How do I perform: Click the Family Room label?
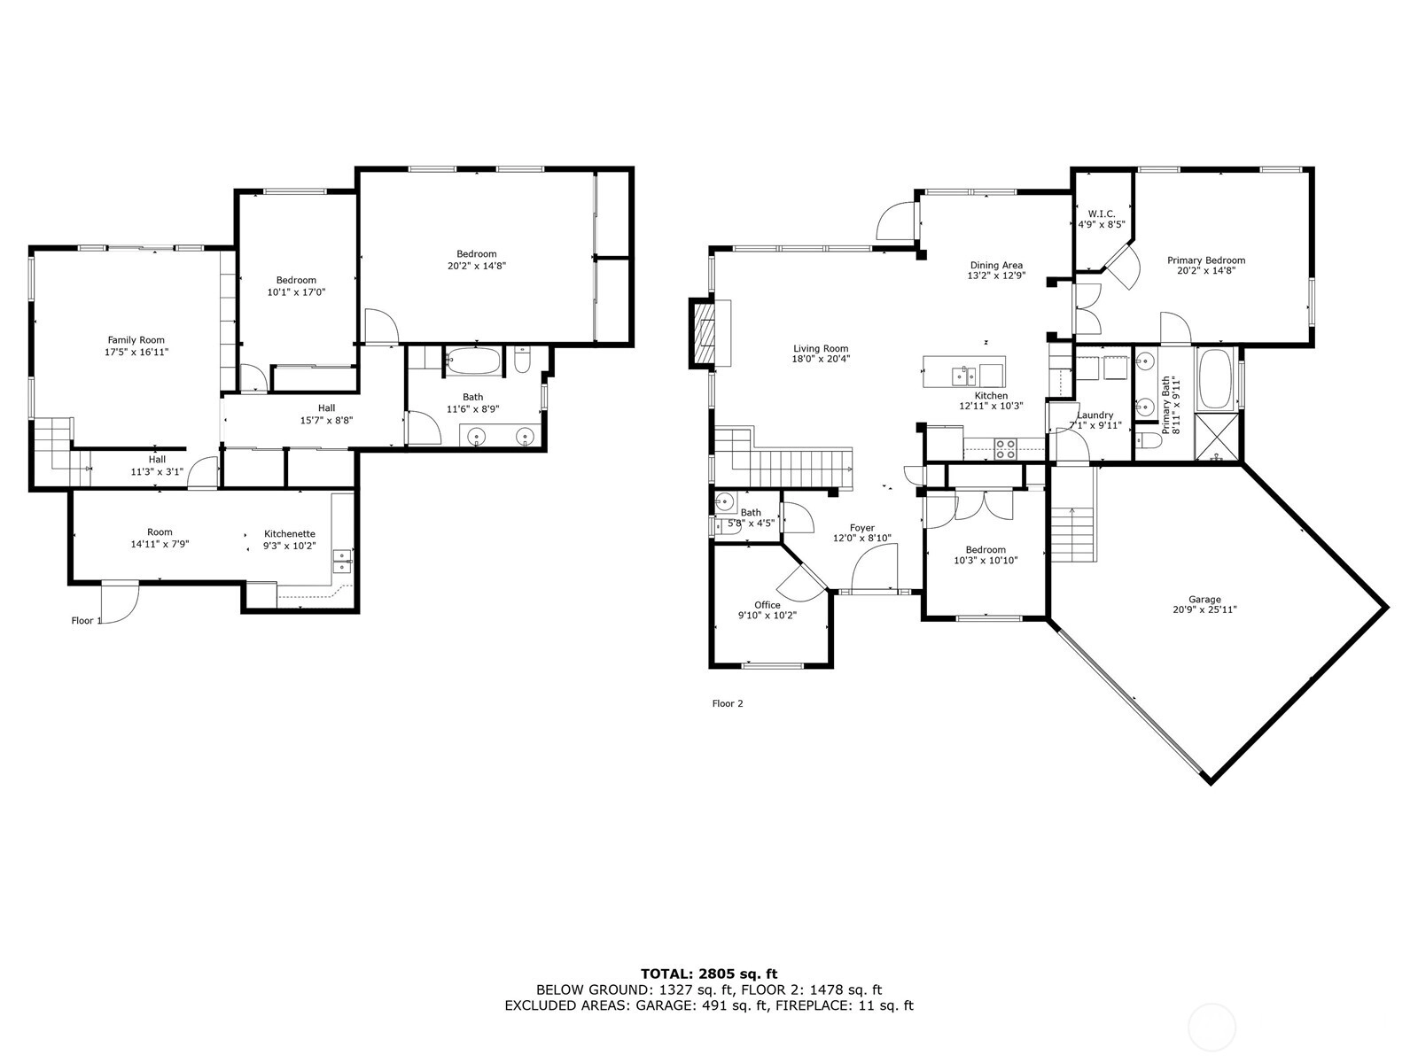click(x=136, y=340)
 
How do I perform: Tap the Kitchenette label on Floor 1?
click(x=290, y=534)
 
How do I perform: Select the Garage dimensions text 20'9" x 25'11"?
click(x=1204, y=609)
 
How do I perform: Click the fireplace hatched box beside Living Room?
click(x=703, y=333)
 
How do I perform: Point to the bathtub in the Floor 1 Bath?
click(x=473, y=361)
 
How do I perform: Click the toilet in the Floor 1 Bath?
click(x=523, y=361)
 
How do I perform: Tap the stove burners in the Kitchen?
click(x=1004, y=448)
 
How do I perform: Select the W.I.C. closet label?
click(x=1102, y=213)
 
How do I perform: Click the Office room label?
click(x=767, y=605)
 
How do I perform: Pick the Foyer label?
click(x=861, y=528)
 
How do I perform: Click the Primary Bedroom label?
click(x=1206, y=260)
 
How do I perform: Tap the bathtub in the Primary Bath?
click(x=1215, y=379)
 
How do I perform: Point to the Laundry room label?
click(x=1095, y=415)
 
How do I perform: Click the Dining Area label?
click(x=996, y=265)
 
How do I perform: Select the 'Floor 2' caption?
click(x=728, y=703)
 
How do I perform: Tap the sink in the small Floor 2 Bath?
click(x=725, y=500)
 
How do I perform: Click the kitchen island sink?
click(x=964, y=375)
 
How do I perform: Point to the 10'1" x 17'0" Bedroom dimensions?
click(x=296, y=292)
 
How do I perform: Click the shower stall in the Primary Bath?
click(x=1217, y=437)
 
